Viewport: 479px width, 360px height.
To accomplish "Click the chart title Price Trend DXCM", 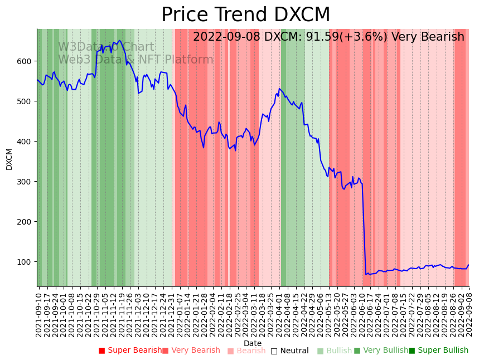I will (245, 15).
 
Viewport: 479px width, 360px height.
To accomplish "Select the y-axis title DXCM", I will (9, 159).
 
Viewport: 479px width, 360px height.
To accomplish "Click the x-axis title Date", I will (253, 343).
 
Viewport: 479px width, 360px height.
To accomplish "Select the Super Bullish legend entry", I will (439, 351).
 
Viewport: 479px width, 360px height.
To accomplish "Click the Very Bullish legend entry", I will (381, 351).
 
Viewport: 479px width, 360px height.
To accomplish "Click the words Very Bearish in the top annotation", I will (428, 37).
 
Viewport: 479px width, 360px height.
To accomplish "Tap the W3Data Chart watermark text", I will (106, 47).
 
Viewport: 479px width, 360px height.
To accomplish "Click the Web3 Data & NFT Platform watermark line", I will (136, 60).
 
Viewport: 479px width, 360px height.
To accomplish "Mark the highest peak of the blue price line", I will (119, 40).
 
